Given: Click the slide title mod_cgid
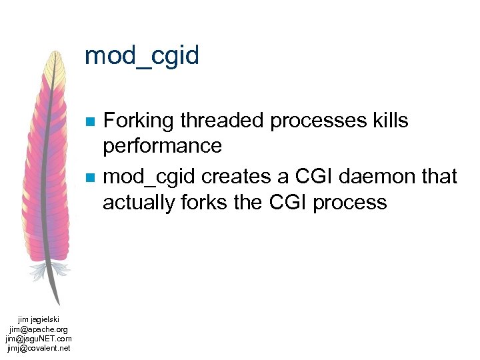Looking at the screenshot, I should point(142,55).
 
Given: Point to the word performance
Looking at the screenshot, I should point(163,146).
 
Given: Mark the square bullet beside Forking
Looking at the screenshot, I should point(89,122).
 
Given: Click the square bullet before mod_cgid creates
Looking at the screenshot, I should point(89,178).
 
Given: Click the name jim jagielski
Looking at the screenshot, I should point(39,320).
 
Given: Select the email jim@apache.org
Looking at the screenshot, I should point(39,329).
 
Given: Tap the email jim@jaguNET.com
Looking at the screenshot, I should point(39,339).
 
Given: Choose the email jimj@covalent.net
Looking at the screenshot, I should point(39,348).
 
